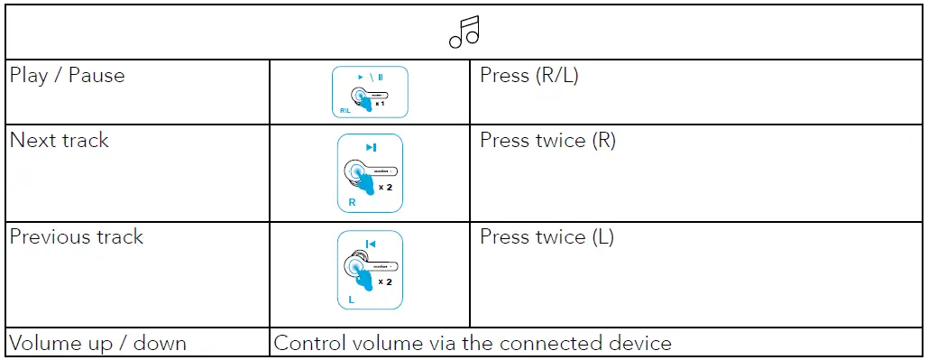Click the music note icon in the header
[x=464, y=32]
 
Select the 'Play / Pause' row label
[x=67, y=75]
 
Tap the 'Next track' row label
[x=60, y=140]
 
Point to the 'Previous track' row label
[x=77, y=237]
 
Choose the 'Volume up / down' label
[x=98, y=343]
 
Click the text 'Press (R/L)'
[x=529, y=75]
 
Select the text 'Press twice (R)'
[x=548, y=140]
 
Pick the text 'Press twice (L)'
[x=547, y=237]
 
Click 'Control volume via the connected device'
[x=473, y=343]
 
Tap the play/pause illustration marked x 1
[x=370, y=92]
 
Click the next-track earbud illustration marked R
[x=370, y=173]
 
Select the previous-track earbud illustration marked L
[x=370, y=271]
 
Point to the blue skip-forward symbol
[x=371, y=147]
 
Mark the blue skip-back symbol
[x=371, y=244]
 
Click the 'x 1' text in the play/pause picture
[x=381, y=104]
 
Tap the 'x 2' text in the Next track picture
[x=385, y=186]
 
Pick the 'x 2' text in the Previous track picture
[x=385, y=282]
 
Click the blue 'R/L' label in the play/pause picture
[x=345, y=111]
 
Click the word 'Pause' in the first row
[x=96, y=75]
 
